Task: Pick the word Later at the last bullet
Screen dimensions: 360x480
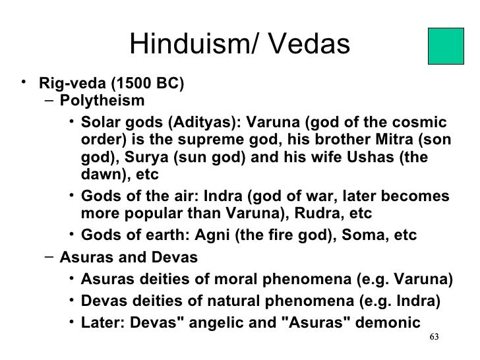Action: point(99,323)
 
